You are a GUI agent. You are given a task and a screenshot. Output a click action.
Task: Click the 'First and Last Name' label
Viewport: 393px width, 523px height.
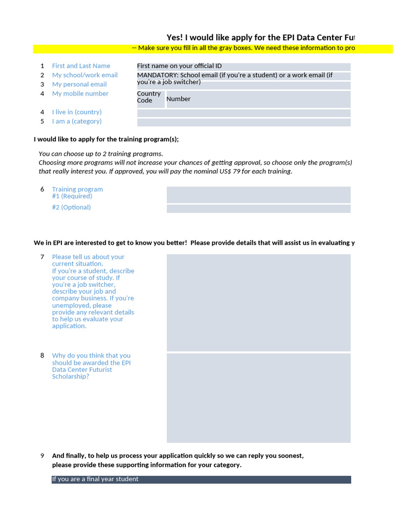pos(81,66)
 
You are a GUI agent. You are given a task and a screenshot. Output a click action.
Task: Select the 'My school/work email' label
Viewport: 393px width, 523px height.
pos(84,75)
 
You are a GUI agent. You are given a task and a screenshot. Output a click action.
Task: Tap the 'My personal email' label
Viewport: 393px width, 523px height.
pos(79,84)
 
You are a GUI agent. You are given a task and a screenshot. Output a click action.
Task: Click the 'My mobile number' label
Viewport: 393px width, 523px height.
pos(80,93)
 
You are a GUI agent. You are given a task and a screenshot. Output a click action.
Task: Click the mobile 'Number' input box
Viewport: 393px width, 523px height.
pos(258,99)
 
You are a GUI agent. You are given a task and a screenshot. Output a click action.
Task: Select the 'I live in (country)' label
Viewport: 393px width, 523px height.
pos(77,112)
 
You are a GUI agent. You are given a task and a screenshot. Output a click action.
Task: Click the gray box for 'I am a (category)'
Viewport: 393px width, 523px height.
pos(244,123)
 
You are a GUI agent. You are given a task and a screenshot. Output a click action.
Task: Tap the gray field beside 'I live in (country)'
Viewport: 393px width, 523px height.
pos(244,113)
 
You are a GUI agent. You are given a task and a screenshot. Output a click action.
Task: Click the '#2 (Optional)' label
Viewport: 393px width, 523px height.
pos(71,207)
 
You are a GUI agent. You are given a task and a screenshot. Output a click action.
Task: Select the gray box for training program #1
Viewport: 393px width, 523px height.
pos(258,195)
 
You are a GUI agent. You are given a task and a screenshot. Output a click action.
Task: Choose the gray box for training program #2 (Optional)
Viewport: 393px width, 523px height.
pos(258,209)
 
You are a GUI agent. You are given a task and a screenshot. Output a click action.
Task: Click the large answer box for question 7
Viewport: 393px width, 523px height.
pos(258,302)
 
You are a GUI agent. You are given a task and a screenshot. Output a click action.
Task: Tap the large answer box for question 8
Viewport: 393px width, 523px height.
pos(258,398)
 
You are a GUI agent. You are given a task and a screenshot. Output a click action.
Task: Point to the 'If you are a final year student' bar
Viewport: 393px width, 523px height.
pos(201,480)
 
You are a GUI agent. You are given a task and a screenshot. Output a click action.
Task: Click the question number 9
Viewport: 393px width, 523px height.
pos(42,456)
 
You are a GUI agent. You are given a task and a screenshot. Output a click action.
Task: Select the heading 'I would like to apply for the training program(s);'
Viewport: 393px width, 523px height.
pos(106,139)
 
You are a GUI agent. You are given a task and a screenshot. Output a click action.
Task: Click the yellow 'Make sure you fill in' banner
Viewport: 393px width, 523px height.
pos(213,49)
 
